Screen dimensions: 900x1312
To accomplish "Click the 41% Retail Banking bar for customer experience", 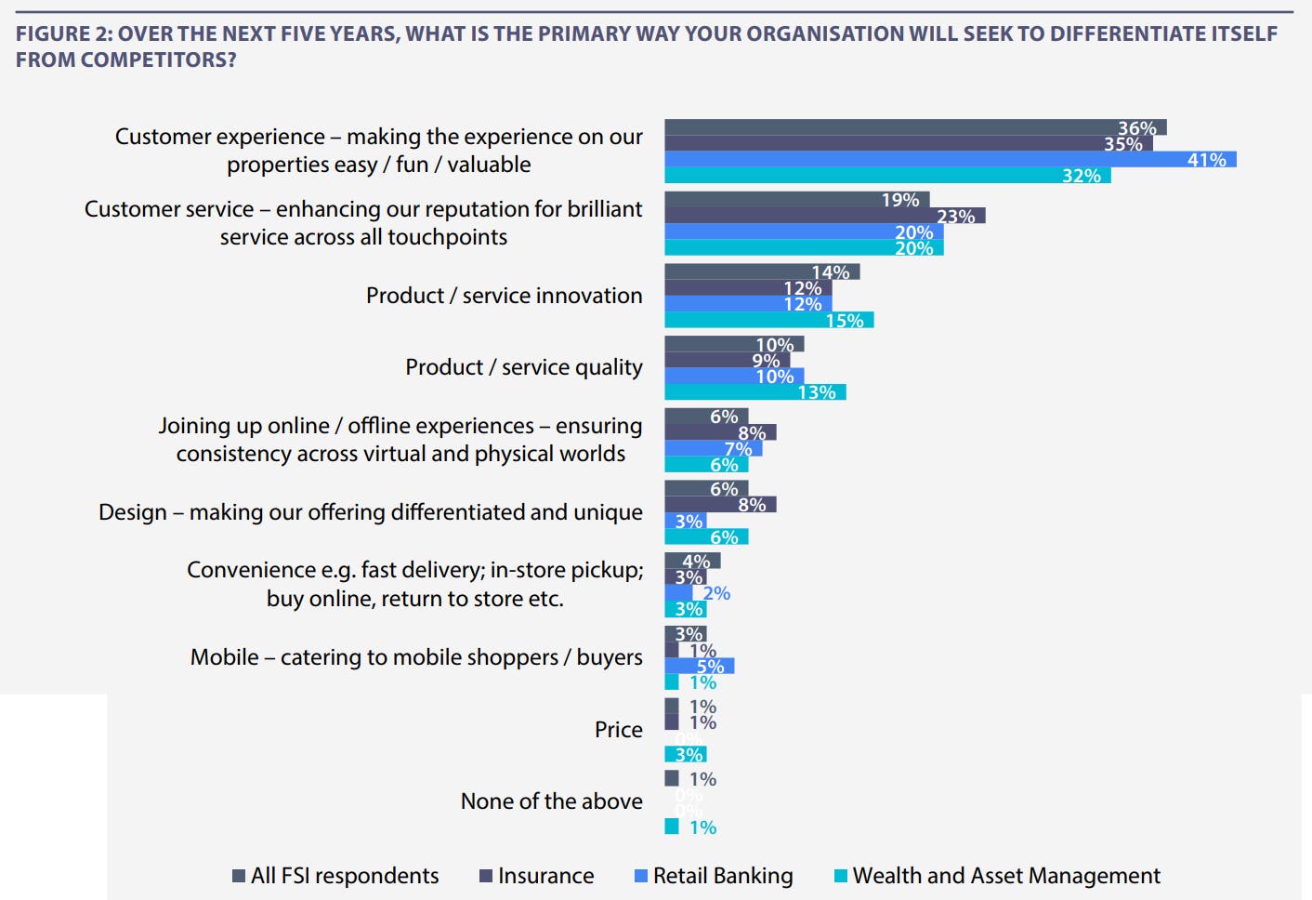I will [x=950, y=160].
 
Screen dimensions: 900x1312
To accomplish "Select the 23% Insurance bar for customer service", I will [x=824, y=216].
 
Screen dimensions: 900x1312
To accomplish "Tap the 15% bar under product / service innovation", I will [x=768, y=320].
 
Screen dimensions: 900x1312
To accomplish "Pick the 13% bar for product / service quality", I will [x=754, y=392].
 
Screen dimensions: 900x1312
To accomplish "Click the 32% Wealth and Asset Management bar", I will [x=887, y=176].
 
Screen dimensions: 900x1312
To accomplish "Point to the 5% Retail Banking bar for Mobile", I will [x=699, y=666].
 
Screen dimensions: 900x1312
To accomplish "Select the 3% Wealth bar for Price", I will [x=685, y=754].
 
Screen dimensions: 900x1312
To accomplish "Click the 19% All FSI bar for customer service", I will [x=796, y=200].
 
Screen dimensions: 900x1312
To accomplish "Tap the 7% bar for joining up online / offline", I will [x=713, y=448].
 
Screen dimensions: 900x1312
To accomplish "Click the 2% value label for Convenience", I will [x=716, y=593].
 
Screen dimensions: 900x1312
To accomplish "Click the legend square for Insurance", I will [x=485, y=876].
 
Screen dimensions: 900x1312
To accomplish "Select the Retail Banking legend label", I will [x=723, y=876].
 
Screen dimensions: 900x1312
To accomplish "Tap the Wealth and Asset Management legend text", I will [x=1006, y=876].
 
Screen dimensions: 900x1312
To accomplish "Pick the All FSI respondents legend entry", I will [x=344, y=876].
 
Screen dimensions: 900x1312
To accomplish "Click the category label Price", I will [x=618, y=730].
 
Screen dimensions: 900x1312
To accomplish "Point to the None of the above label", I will [x=551, y=801].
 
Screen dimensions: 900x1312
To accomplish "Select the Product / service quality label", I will [x=523, y=367].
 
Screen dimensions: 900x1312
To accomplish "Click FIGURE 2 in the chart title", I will [x=63, y=34].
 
